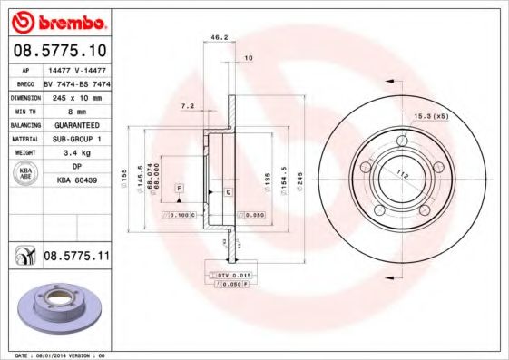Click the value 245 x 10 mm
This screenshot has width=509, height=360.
(x=75, y=96)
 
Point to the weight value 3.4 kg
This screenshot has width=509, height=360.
(x=75, y=152)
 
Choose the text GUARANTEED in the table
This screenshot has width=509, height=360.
(x=75, y=124)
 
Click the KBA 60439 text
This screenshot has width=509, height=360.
(x=75, y=180)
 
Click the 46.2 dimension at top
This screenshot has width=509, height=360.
(x=218, y=38)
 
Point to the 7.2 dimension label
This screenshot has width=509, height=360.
(x=188, y=106)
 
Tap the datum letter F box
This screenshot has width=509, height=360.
(x=180, y=187)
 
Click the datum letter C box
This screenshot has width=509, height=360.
(x=229, y=193)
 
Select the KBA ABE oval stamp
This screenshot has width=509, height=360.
(x=26, y=173)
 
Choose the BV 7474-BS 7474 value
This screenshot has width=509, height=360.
(x=75, y=82)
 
